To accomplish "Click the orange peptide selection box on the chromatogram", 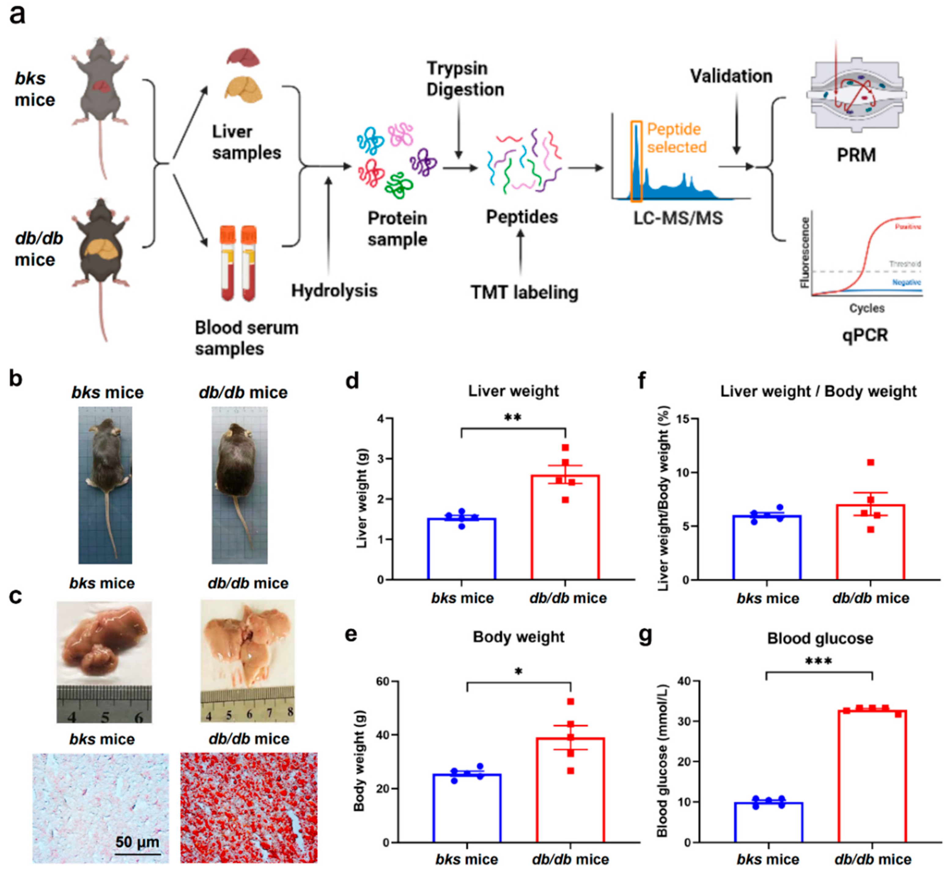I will click(x=636, y=161).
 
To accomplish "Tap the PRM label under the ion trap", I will click(x=856, y=155).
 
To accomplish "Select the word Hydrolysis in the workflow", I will click(x=334, y=290).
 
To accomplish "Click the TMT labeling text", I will click(x=524, y=292).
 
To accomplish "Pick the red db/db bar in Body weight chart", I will click(x=570, y=790).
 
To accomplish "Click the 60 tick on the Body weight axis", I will click(x=383, y=681).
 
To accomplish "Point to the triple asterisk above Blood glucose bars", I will click(x=818, y=661).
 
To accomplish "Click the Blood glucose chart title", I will click(x=820, y=638).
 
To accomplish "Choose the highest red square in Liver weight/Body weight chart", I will click(x=871, y=463).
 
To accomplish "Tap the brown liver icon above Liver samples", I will click(x=243, y=57).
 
